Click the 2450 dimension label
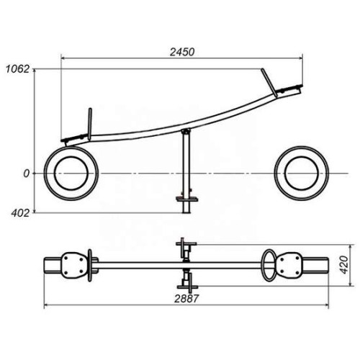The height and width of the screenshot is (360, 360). [182, 52]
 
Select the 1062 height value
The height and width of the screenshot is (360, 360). [17, 69]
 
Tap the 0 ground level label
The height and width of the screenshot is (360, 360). [26, 174]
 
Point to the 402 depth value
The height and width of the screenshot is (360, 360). [20, 213]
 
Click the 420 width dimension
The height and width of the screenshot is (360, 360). [344, 265]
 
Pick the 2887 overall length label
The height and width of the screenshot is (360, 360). [186, 299]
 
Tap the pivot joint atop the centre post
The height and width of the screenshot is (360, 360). [186, 131]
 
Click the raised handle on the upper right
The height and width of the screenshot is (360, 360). [269, 83]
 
